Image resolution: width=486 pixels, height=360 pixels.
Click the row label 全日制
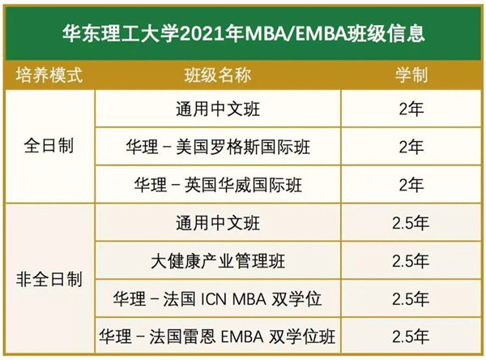pos(50,147)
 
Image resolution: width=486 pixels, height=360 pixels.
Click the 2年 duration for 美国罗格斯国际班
pos(411,147)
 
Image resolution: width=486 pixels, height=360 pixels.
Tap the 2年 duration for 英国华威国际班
pos(411,185)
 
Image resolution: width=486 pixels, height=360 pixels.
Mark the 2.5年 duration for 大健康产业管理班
pos(411,261)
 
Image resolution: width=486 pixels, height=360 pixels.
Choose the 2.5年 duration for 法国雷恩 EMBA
pos(411,336)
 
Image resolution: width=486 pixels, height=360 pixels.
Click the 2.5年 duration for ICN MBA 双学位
pos(411,299)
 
